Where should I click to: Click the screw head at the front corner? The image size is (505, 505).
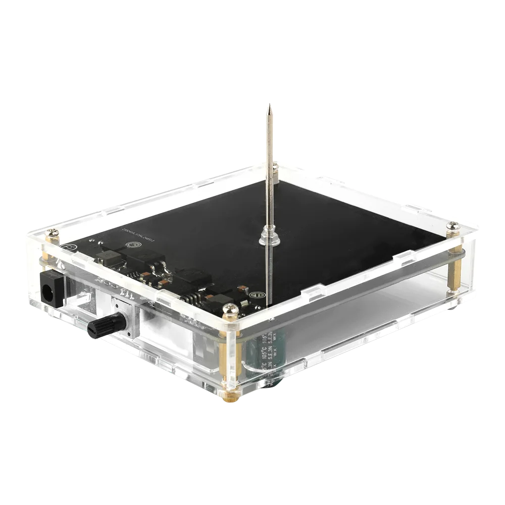pyautogui.click(x=230, y=309)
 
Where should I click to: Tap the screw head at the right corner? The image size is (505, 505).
pyautogui.click(x=453, y=225)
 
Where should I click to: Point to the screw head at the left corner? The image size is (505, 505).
pyautogui.click(x=52, y=233)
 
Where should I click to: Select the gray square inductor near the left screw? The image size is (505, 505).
pyautogui.click(x=109, y=259)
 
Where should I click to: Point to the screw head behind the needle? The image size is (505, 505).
pyautogui.click(x=274, y=165)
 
